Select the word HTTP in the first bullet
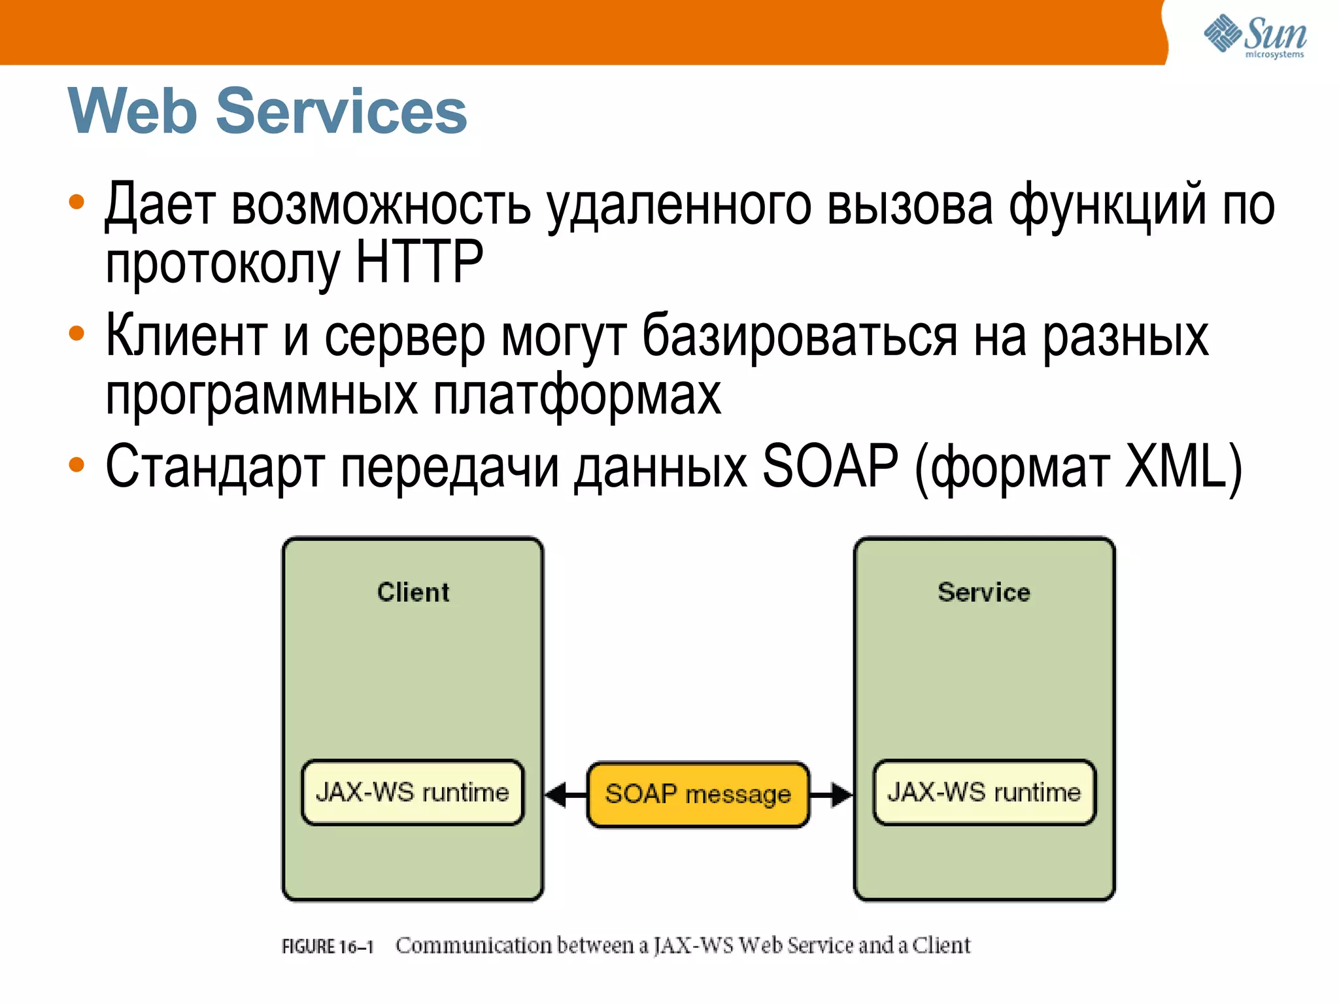(x=418, y=261)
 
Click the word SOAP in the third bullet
(x=830, y=466)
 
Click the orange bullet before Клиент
(x=76, y=333)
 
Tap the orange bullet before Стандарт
(x=76, y=464)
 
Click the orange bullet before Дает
(x=76, y=202)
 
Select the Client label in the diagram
(x=413, y=592)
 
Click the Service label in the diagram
(x=983, y=592)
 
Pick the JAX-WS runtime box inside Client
(x=413, y=792)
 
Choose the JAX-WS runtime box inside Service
(x=984, y=792)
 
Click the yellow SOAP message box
(x=698, y=794)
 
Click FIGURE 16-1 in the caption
(x=327, y=946)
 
